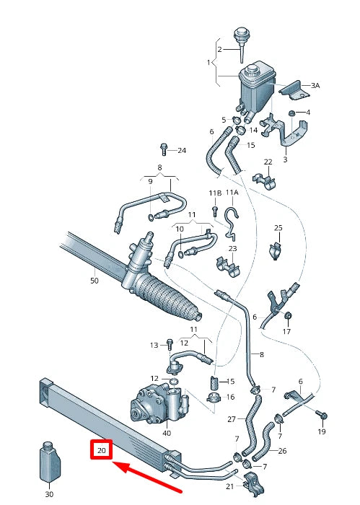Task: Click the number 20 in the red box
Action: tap(101, 450)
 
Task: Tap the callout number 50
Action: tap(94, 280)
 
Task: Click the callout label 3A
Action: tap(315, 85)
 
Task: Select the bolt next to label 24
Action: tap(164, 150)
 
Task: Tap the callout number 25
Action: tap(278, 228)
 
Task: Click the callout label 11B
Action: tap(215, 193)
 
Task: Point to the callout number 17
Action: tap(286, 332)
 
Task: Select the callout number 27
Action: tap(232, 419)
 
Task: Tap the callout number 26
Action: tap(282, 452)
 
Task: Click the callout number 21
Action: tap(230, 488)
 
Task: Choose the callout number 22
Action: tap(268, 162)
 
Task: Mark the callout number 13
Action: tap(154, 346)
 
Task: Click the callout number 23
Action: tap(232, 248)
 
